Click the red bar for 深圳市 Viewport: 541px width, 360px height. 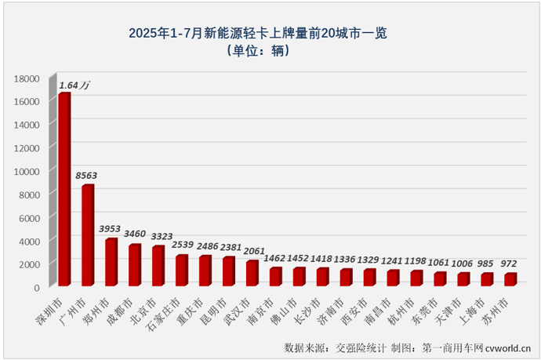pos(64,189)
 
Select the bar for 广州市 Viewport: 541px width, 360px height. pos(88,235)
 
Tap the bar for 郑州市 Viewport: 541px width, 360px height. pos(111,262)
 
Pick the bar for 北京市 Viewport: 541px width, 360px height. pos(158,266)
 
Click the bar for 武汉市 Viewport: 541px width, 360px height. pos(252,273)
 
